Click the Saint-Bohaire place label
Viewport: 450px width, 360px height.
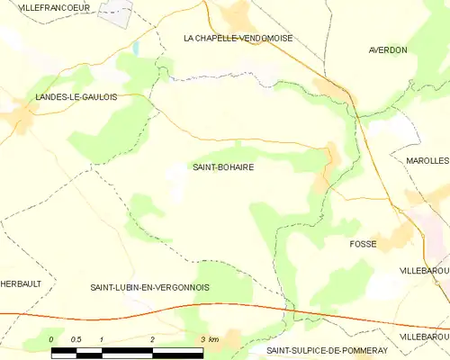pyautogui.click(x=222, y=166)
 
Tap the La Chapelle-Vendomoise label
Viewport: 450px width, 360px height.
pyautogui.click(x=238, y=38)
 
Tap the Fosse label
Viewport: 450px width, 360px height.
pyautogui.click(x=363, y=244)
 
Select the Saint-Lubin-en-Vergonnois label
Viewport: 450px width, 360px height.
pyautogui.click(x=149, y=287)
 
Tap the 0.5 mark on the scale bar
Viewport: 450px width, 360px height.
pyautogui.click(x=76, y=338)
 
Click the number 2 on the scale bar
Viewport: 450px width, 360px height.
pyautogui.click(x=153, y=338)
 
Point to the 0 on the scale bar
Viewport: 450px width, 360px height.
pyautogui.click(x=51, y=338)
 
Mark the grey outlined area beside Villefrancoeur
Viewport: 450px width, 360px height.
pyautogui.click(x=116, y=13)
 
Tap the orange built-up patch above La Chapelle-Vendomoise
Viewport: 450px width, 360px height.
pyautogui.click(x=238, y=13)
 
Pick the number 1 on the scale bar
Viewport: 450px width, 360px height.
pyautogui.click(x=102, y=338)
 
